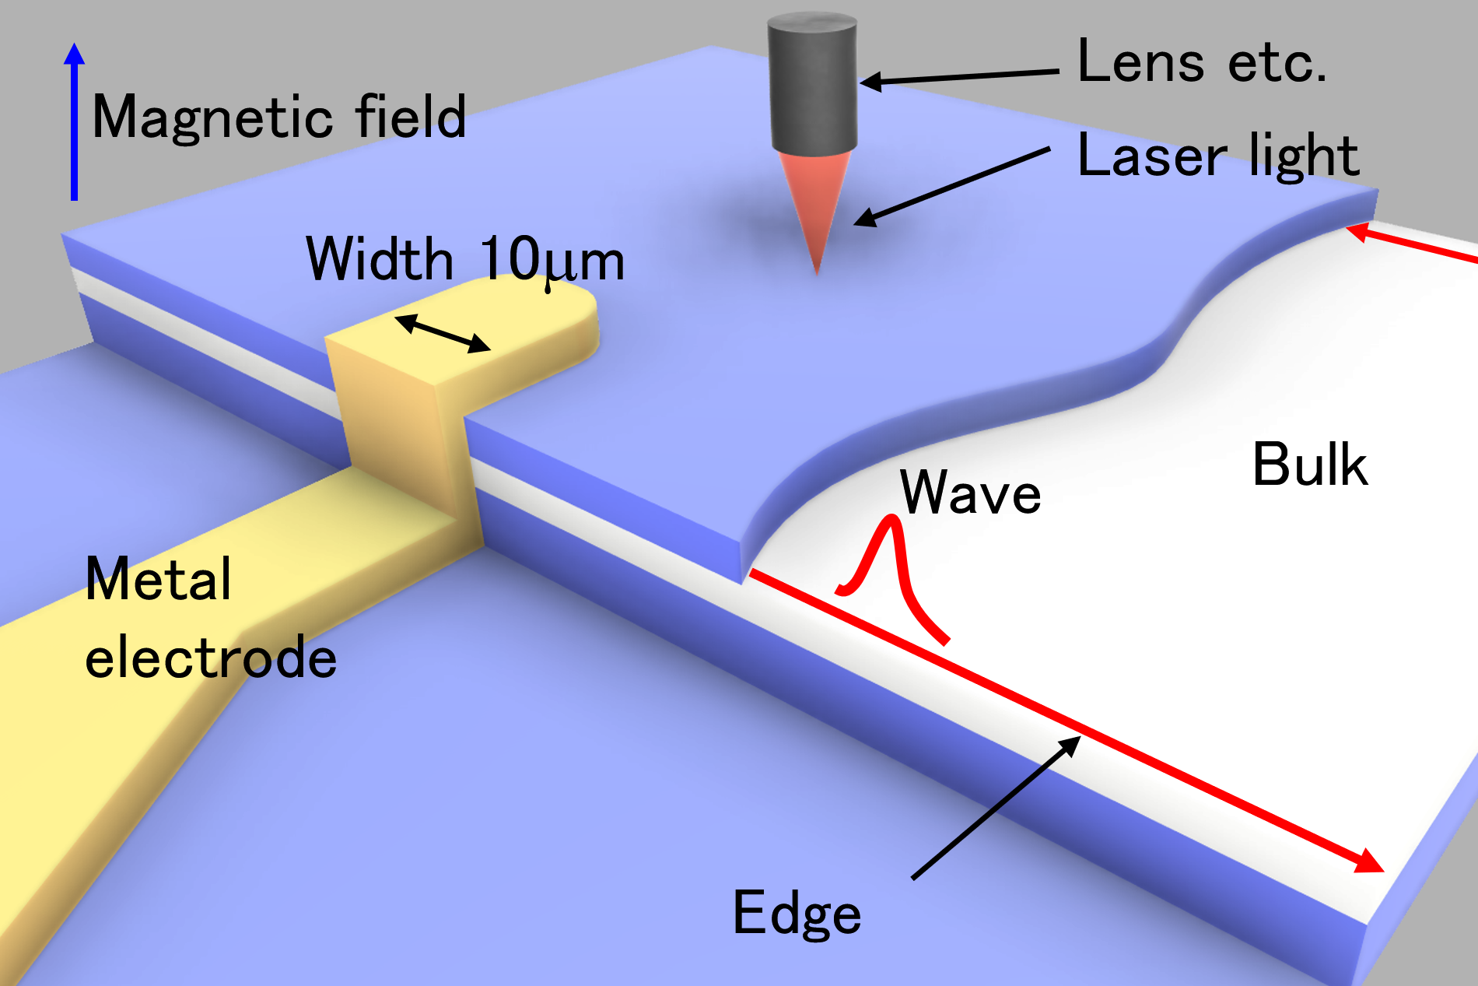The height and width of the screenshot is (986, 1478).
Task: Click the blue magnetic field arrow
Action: point(74,121)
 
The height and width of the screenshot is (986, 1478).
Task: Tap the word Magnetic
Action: point(212,118)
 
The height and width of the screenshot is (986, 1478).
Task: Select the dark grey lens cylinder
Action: point(813,82)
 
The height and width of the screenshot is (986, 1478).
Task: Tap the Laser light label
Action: point(1218,156)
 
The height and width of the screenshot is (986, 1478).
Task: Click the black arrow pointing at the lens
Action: point(959,76)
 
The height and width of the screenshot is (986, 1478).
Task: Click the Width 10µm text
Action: point(465,259)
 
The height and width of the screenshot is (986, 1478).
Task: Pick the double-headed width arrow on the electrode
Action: point(443,333)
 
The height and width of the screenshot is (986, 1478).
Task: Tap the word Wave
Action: point(970,493)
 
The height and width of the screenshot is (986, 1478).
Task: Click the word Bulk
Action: point(1310,465)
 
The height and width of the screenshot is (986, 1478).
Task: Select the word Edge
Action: point(797,913)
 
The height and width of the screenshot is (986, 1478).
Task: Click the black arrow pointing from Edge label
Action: point(996,807)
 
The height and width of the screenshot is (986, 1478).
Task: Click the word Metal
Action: point(159,579)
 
